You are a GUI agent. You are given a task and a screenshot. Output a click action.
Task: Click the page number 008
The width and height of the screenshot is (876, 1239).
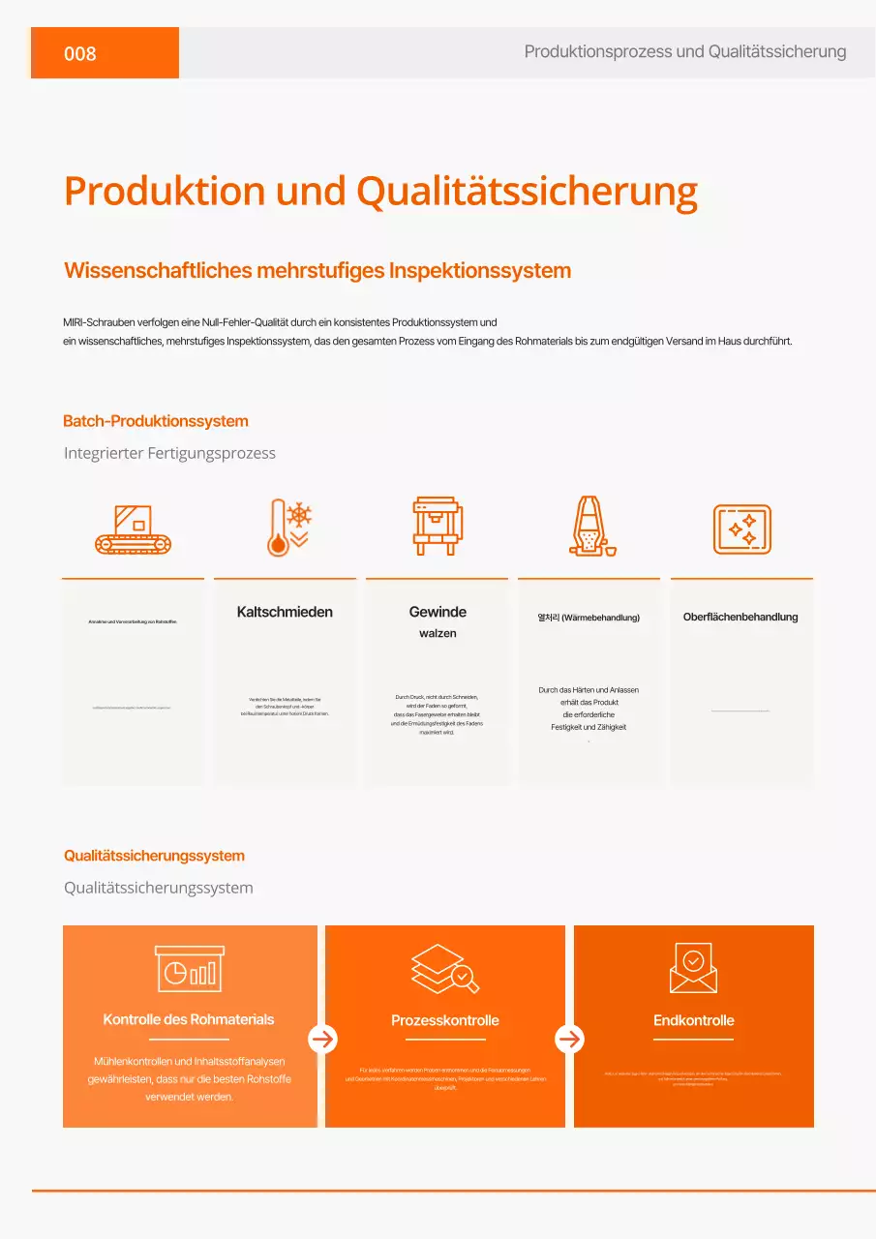tap(80, 53)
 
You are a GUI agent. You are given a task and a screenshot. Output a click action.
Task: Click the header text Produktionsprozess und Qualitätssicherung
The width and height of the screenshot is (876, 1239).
tap(685, 51)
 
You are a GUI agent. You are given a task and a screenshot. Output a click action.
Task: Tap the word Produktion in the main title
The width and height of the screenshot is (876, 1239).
tap(164, 191)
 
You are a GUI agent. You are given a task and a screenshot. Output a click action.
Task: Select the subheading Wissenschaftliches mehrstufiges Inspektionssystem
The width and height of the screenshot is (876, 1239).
tap(317, 270)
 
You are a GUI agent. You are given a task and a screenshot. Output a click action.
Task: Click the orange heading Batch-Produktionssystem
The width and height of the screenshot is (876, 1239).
tap(156, 421)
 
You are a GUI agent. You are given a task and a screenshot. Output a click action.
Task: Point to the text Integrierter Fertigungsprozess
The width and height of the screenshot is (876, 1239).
tap(169, 453)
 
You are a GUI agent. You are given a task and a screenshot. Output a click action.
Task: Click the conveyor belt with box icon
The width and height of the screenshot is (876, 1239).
tap(133, 529)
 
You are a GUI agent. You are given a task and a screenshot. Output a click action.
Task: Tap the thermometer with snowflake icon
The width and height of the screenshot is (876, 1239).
tap(287, 528)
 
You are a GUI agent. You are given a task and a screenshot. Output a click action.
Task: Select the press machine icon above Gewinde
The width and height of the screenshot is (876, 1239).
tap(437, 527)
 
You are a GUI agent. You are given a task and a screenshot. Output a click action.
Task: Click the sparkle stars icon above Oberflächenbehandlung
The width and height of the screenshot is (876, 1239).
tap(741, 529)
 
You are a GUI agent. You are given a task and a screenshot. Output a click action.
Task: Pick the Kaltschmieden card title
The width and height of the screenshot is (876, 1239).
tap(285, 612)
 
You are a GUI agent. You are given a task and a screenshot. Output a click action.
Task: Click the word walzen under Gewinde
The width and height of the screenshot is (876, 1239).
tap(438, 633)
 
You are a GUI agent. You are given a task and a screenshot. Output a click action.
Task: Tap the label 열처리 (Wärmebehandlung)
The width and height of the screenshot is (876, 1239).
tap(589, 617)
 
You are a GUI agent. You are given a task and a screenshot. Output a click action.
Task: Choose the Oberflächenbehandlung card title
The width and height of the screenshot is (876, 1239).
tap(740, 617)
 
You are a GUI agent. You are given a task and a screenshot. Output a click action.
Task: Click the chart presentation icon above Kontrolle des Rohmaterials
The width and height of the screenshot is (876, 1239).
tap(189, 968)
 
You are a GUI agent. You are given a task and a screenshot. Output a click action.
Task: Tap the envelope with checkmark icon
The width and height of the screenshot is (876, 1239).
tap(693, 968)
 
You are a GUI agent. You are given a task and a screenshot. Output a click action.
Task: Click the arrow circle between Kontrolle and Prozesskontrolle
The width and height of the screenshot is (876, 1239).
tap(322, 1039)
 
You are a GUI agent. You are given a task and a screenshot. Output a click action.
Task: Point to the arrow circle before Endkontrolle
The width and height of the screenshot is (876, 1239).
tap(570, 1039)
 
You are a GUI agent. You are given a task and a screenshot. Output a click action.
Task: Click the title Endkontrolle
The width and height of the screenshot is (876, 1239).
tap(693, 1020)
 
